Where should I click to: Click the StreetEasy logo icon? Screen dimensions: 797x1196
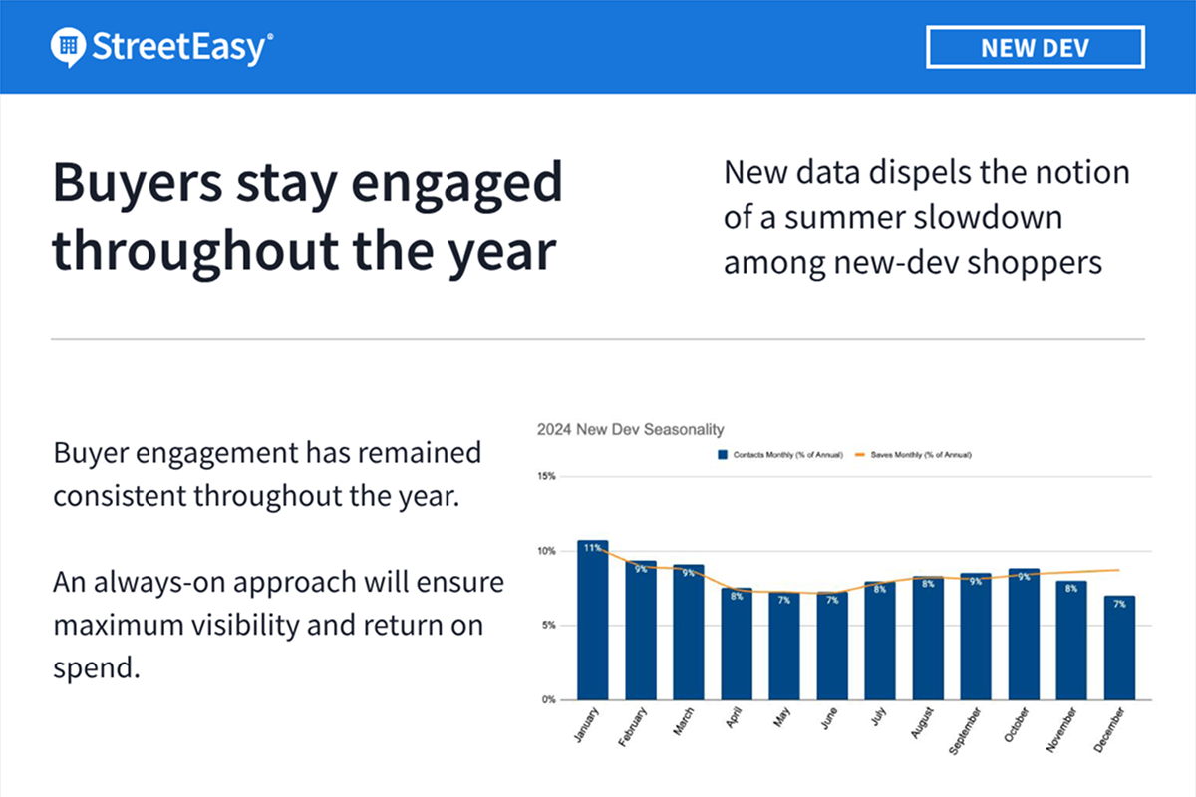coord(69,46)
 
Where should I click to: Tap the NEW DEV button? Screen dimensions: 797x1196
coord(1035,47)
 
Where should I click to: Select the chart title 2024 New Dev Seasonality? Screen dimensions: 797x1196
coord(630,429)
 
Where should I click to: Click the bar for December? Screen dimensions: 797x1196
coord(1119,648)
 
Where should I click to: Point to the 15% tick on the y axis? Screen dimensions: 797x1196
coord(546,476)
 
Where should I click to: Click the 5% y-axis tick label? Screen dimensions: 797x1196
coord(548,626)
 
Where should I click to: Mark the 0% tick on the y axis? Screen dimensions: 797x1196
coord(548,700)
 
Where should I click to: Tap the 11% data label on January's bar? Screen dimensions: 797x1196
coord(592,548)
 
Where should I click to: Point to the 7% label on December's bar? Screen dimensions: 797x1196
coord(1119,604)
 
